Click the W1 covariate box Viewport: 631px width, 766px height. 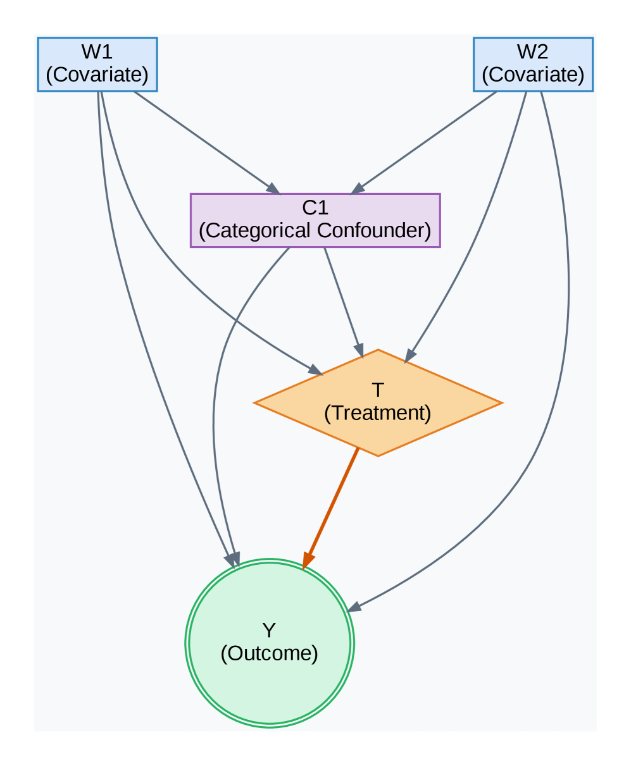(x=97, y=64)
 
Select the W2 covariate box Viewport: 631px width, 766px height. (x=533, y=64)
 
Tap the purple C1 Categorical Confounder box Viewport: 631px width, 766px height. (x=315, y=220)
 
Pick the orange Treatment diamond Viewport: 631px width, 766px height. (x=378, y=402)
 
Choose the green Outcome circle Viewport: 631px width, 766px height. (x=269, y=643)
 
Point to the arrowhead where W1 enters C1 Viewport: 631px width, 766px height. (x=273, y=189)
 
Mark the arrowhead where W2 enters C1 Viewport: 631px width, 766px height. (x=358, y=189)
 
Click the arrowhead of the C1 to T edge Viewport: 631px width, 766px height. (x=359, y=350)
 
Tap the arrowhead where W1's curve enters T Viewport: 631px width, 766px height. (x=316, y=370)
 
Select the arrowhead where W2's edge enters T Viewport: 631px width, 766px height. (x=409, y=356)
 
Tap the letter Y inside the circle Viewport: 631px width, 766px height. (x=269, y=631)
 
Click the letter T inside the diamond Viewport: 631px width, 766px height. (x=378, y=390)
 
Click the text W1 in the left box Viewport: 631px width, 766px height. (x=97, y=52)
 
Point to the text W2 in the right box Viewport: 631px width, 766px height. (x=533, y=52)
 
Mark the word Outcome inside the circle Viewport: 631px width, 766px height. (x=269, y=653)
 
